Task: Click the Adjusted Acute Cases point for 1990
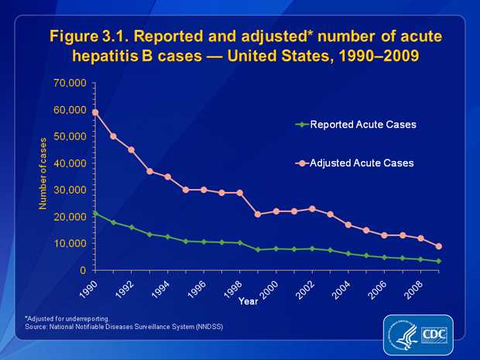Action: pos(95,112)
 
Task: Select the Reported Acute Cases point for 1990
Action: pos(95,213)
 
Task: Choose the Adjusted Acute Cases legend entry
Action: pos(356,163)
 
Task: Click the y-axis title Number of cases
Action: pos(44,177)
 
